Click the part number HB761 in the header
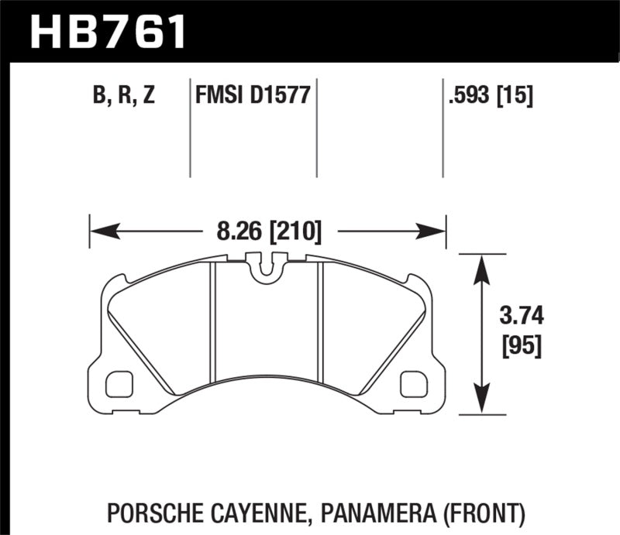click(x=108, y=31)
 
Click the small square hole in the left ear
click(x=119, y=382)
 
